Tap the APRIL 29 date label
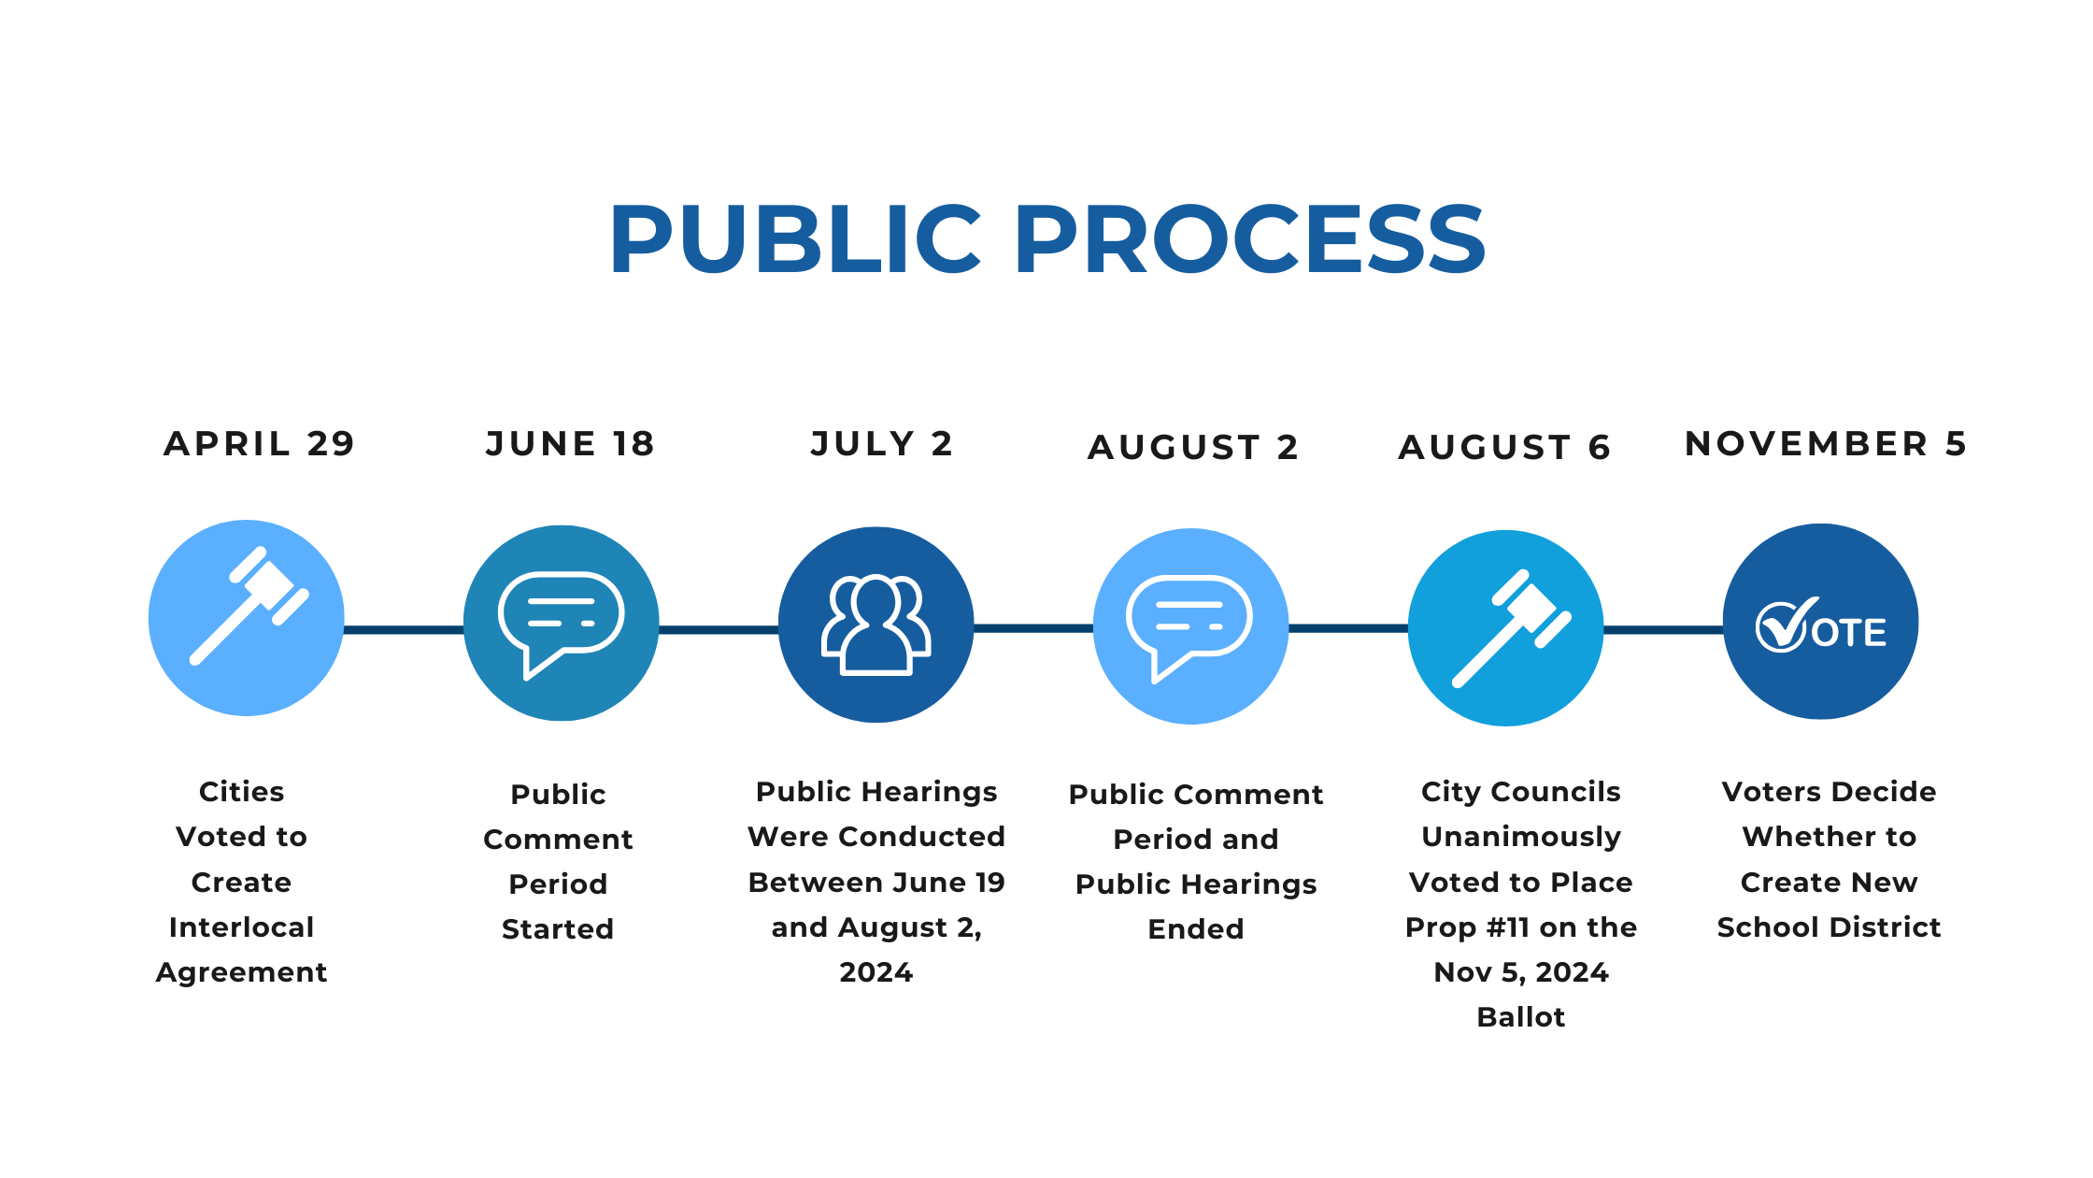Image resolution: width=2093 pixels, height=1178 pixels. [260, 443]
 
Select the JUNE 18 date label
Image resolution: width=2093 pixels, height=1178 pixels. [570, 443]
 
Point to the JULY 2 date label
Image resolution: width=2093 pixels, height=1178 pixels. [882, 443]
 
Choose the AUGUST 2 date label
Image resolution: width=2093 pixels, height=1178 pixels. [1193, 447]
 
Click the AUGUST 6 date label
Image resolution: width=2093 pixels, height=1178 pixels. [1504, 447]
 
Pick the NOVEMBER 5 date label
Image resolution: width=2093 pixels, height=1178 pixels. [1826, 443]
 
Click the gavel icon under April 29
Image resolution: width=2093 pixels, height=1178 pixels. [249, 606]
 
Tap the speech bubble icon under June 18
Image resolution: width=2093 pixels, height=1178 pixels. [562, 625]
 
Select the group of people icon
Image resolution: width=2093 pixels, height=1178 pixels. [876, 625]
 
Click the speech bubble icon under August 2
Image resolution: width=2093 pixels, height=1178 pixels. [1189, 628]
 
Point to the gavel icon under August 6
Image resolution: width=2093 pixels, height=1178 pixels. [1512, 628]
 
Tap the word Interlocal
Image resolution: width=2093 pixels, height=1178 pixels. [241, 927]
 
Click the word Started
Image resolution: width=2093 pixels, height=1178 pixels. [558, 928]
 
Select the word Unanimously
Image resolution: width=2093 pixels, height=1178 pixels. [1521, 838]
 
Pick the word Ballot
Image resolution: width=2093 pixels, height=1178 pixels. [1521, 1016]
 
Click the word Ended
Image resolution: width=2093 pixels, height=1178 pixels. [1196, 928]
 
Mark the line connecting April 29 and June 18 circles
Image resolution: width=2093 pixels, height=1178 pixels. [404, 629]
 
